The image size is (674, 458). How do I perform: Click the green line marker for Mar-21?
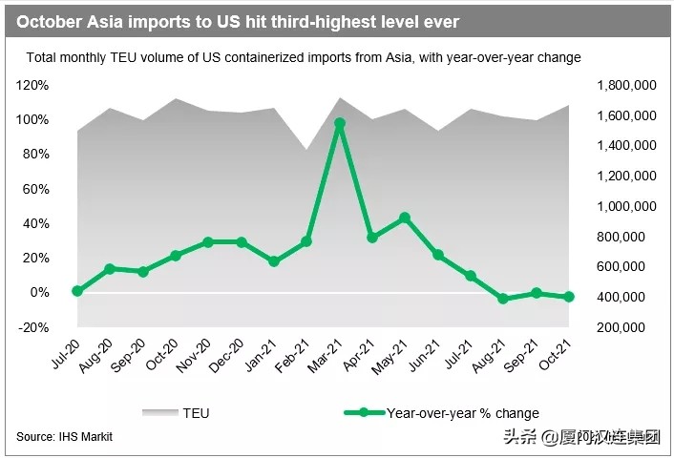pos(339,124)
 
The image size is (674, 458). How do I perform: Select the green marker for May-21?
pos(405,218)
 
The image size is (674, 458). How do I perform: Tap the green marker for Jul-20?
pos(77,291)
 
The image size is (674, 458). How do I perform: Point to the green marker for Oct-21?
pos(569,297)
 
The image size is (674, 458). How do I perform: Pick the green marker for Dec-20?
pos(241,242)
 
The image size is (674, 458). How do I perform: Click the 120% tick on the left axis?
pos(33,85)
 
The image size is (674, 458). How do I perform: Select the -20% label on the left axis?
pos(33,327)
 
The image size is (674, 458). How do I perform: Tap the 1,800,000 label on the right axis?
pos(625,85)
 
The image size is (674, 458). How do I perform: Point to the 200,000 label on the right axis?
pos(631,327)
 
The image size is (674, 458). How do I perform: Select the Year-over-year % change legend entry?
pos(449,413)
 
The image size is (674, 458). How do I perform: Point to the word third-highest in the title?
pos(309,19)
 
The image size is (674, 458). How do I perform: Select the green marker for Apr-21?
pos(372,238)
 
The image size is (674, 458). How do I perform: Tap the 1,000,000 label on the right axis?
pos(625,206)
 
